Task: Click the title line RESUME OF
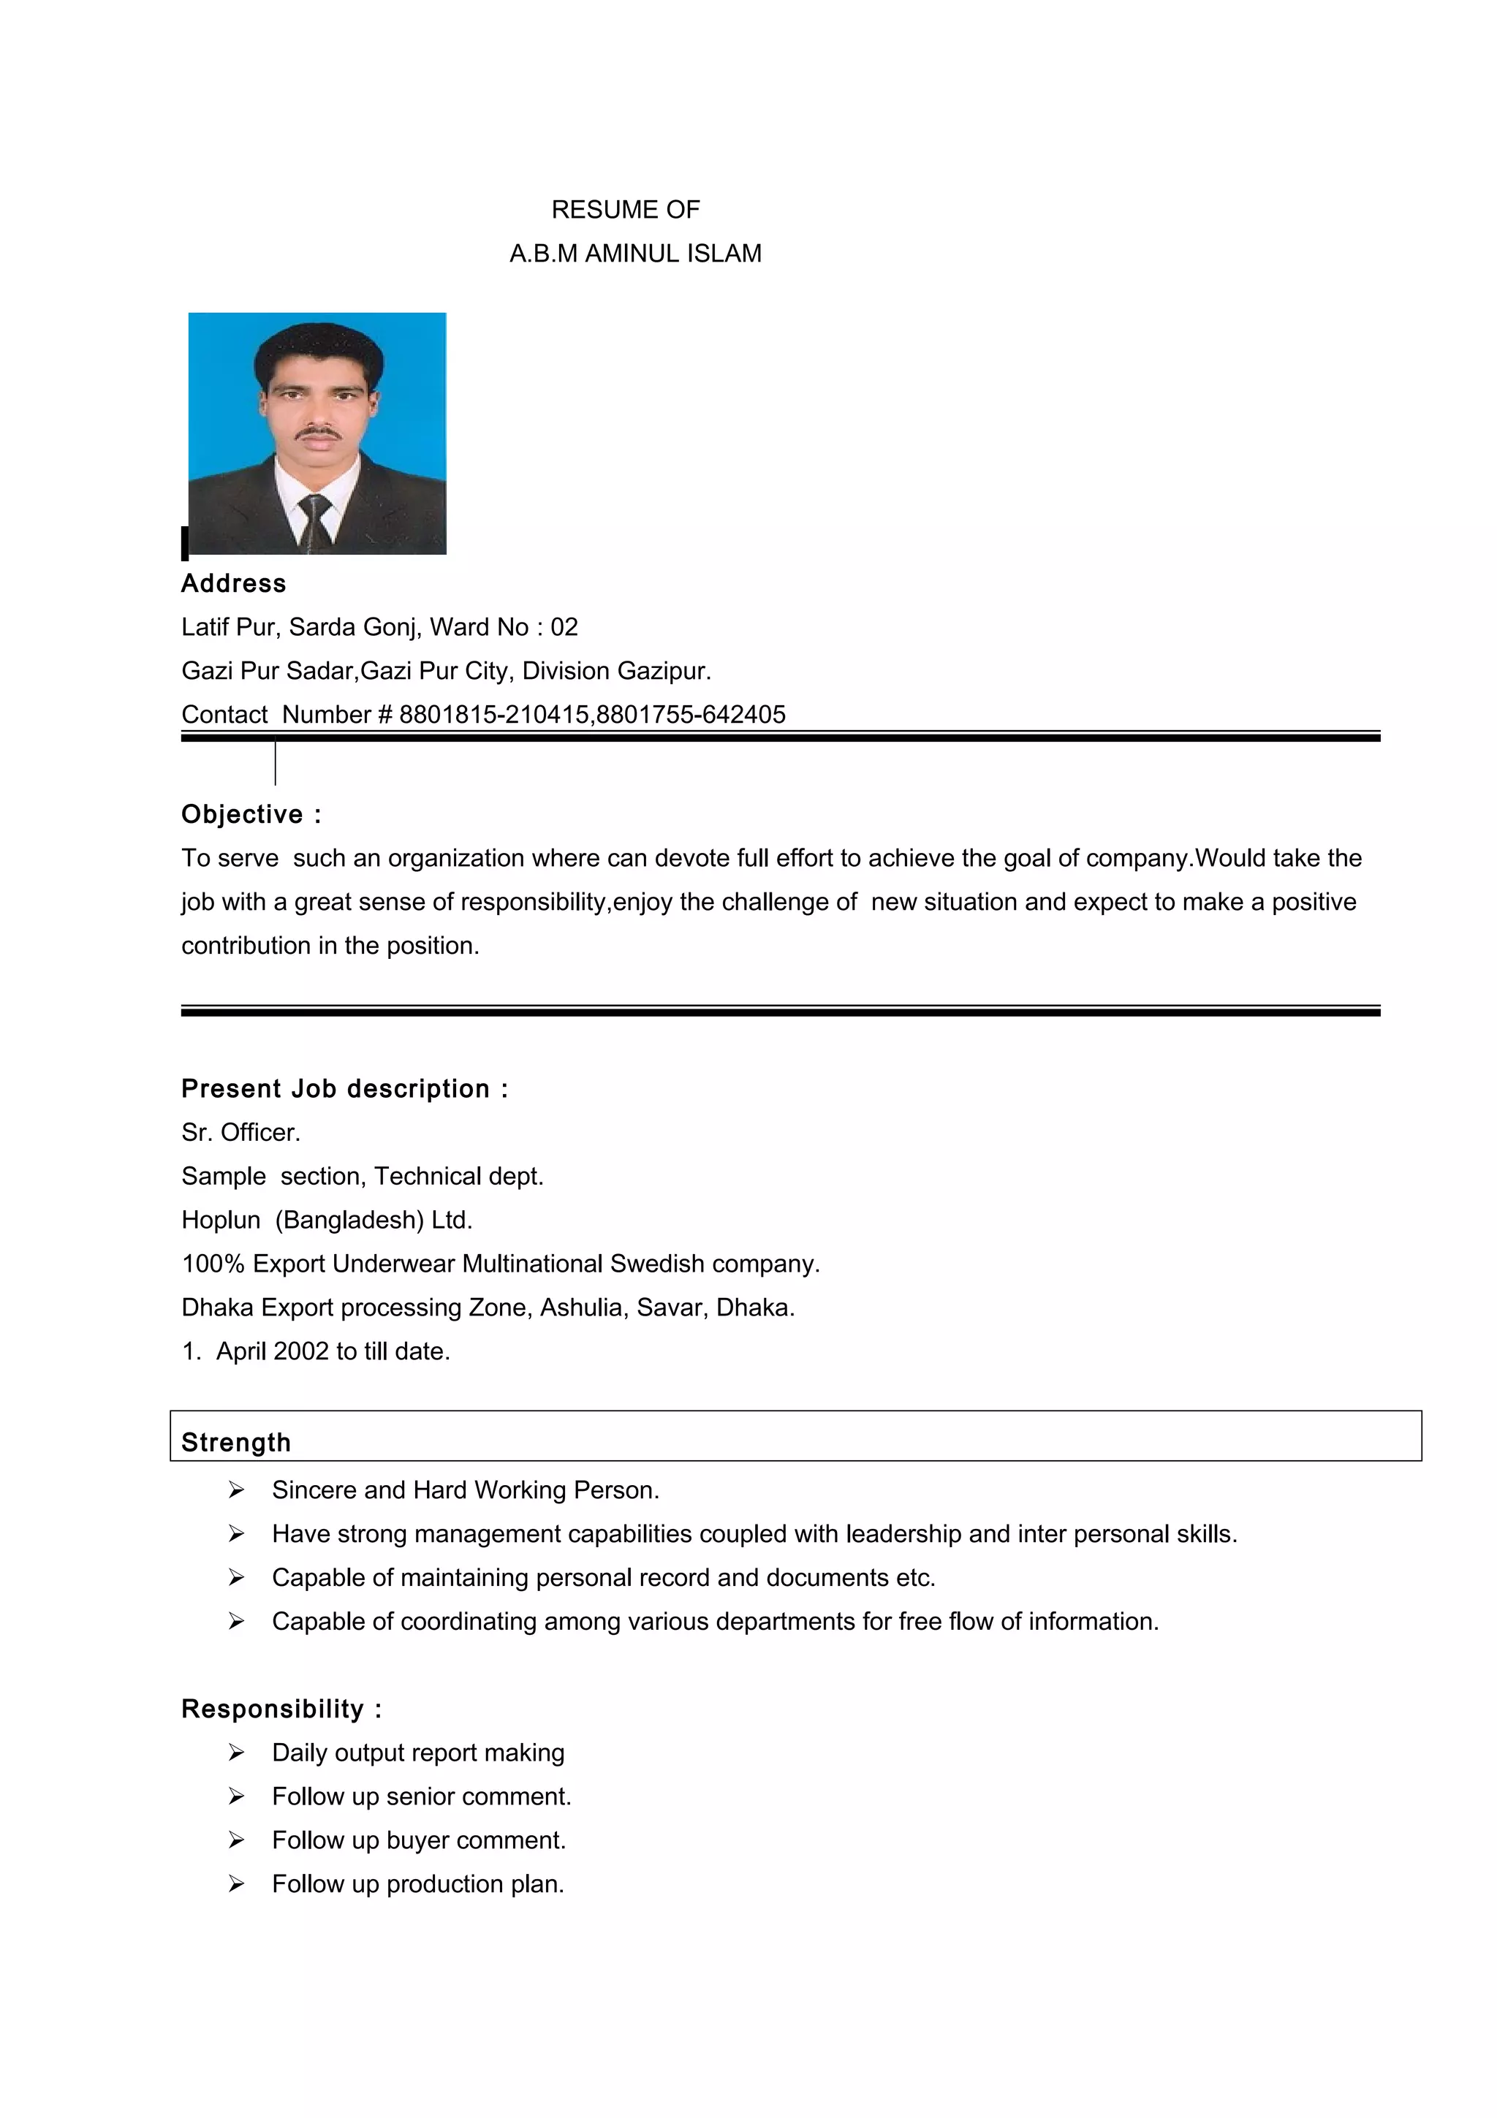pos(626,210)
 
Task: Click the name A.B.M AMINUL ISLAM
pos(634,253)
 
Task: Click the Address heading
pos(233,583)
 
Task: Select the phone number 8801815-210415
pos(493,714)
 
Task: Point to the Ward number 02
pos(564,627)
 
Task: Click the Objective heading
pos(243,815)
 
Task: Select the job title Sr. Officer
pos(240,1132)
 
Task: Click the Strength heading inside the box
pos(236,1442)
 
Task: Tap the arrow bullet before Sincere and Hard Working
pos(236,1489)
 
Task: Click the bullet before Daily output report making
pos(236,1753)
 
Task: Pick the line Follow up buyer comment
pos(419,1840)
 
